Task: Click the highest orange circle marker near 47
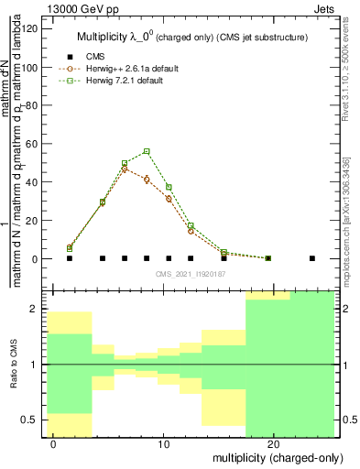(x=125, y=169)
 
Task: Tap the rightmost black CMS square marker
(x=312, y=258)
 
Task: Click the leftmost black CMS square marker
(x=70, y=258)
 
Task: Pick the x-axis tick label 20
(x=273, y=444)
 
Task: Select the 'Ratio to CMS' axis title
(x=13, y=365)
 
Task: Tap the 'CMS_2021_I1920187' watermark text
(x=191, y=274)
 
